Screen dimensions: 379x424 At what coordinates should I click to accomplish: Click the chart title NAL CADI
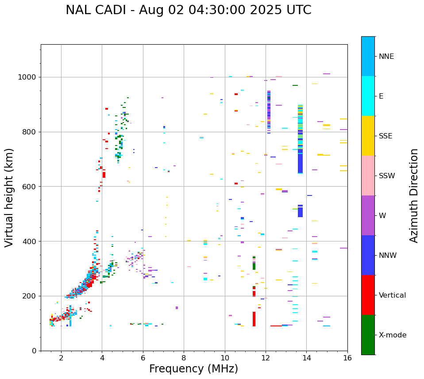pos(188,10)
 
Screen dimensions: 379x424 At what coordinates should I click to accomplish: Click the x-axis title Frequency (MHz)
pos(193,369)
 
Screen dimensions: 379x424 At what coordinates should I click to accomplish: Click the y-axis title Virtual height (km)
pos(9,198)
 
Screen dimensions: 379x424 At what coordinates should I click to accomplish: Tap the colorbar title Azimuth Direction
pos(414,195)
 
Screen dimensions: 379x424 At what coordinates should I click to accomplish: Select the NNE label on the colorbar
pos(386,57)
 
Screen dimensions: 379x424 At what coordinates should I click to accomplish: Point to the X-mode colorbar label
pos(392,335)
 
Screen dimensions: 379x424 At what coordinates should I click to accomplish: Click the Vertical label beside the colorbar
pos(392,295)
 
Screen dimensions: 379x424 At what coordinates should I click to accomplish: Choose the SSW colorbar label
pos(387,176)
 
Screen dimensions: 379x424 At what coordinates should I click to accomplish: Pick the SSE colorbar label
pos(385,136)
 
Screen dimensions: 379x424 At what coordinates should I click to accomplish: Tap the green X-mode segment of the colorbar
pos(368,335)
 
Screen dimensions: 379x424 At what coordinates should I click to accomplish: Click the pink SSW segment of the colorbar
pos(368,176)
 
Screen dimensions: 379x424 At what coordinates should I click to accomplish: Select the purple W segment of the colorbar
pos(368,215)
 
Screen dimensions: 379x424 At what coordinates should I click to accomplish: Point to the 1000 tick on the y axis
pos(30,77)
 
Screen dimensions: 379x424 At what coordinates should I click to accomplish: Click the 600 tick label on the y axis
pos(31,187)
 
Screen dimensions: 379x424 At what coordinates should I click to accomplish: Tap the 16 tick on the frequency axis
pos(347,358)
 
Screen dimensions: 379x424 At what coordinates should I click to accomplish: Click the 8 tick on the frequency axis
pos(184,358)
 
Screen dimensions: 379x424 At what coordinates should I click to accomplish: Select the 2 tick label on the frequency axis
pos(61,358)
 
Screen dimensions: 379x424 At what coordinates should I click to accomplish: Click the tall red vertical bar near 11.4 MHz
pos(254,318)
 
